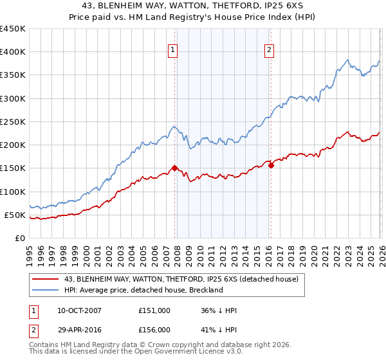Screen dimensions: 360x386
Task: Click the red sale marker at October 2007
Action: [174, 168]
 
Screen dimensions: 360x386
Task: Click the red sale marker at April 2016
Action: [271, 165]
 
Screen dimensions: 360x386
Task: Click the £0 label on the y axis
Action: [19, 238]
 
